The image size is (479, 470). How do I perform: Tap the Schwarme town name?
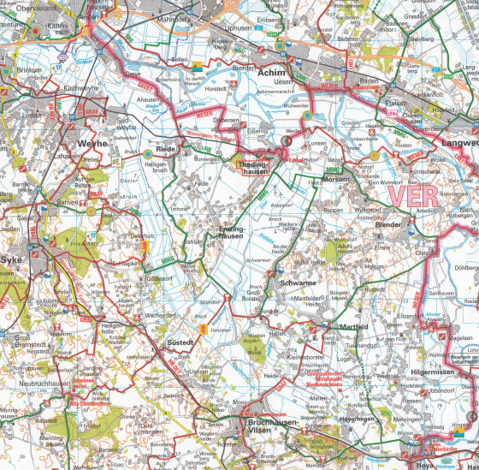click(297, 282)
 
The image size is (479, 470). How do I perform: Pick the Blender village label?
click(387, 225)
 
